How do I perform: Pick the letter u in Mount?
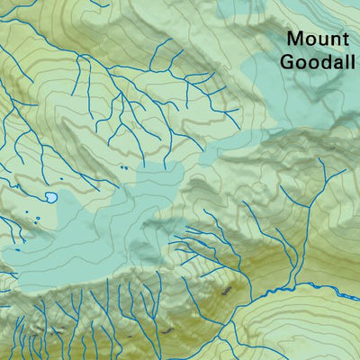pyautogui.click(x=322, y=40)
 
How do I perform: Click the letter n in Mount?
pyautogui.click(x=334, y=40)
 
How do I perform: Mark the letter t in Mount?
pyautogui.click(x=344, y=40)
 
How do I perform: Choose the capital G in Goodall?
pyautogui.click(x=289, y=62)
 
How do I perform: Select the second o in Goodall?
pyautogui.click(x=314, y=64)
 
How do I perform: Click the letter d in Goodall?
pyautogui.click(x=326, y=62)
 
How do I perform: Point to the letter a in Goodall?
pyautogui.click(x=337, y=64)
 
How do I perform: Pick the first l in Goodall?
pyautogui.click(x=346, y=62)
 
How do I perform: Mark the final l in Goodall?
pyautogui.click(x=352, y=62)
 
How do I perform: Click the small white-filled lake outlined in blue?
pyautogui.click(x=51, y=195)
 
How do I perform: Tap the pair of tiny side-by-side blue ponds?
pyautogui.click(x=122, y=166)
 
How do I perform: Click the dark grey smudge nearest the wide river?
pyautogui.click(x=226, y=290)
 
